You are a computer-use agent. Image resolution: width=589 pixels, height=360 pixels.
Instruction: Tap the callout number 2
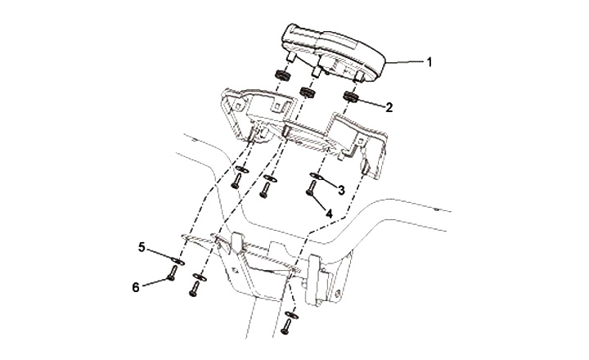click(389, 106)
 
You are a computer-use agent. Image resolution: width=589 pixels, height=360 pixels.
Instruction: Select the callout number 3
click(339, 188)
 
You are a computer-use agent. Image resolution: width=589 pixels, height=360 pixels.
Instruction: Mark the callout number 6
click(136, 287)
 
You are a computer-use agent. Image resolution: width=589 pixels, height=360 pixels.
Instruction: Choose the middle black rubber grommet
click(309, 91)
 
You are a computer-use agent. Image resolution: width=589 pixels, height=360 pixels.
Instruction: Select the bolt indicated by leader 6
click(172, 277)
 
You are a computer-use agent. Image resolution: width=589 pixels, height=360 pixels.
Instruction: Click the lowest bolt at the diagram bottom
click(287, 327)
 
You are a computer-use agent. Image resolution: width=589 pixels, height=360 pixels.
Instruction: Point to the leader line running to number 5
click(160, 253)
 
